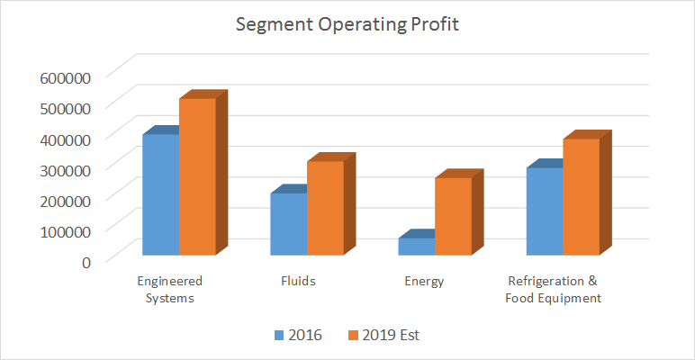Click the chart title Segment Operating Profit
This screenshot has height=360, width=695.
tap(347, 24)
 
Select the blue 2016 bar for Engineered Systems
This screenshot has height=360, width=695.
tap(160, 193)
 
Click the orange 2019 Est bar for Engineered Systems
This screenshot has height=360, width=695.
tap(197, 176)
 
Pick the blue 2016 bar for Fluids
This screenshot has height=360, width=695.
tap(289, 224)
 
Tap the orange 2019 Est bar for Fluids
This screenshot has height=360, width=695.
tap(325, 208)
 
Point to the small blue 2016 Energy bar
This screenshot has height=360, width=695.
tap(417, 246)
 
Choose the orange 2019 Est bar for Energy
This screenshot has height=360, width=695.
tap(453, 216)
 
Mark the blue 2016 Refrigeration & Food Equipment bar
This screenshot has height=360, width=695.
tap(545, 211)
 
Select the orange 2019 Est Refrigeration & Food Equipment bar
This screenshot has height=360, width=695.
tap(581, 196)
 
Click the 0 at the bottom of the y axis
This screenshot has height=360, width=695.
tap(86, 261)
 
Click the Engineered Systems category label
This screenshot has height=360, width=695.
tap(169, 289)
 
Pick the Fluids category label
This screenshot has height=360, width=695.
tap(298, 281)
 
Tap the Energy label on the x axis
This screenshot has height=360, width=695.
tap(424, 281)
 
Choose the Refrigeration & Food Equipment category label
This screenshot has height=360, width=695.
tap(553, 289)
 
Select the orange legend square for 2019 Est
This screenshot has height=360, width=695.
tap(351, 335)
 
